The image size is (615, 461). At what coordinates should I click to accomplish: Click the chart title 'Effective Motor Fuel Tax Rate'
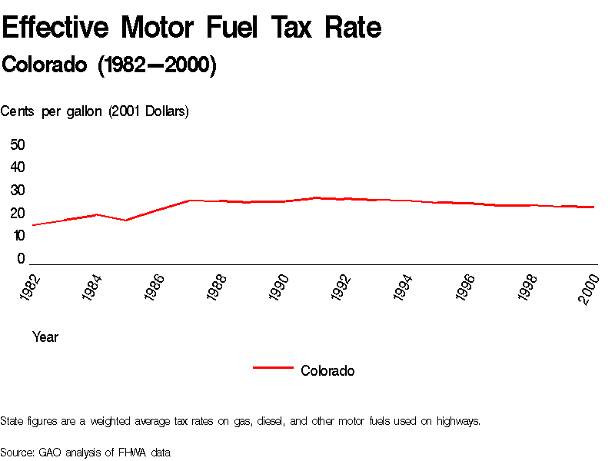191,28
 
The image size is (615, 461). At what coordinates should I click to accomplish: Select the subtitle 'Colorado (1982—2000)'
109,65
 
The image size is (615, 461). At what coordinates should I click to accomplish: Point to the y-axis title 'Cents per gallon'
95,111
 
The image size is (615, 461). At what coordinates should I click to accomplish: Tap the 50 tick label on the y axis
18,144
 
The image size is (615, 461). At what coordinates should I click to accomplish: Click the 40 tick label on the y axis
18,167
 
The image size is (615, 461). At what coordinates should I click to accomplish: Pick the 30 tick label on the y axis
18,191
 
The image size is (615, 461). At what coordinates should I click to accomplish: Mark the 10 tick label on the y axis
18,236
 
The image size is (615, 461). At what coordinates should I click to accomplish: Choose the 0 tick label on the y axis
22,259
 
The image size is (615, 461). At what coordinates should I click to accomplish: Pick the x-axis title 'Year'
45,337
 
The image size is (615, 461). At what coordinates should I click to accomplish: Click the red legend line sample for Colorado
273,368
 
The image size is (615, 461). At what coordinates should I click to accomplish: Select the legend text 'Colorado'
327,371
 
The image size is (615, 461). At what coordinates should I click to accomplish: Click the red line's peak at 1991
315,197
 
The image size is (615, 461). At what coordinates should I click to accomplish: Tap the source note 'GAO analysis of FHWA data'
85,452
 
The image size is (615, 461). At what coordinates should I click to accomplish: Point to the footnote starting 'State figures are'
240,421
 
